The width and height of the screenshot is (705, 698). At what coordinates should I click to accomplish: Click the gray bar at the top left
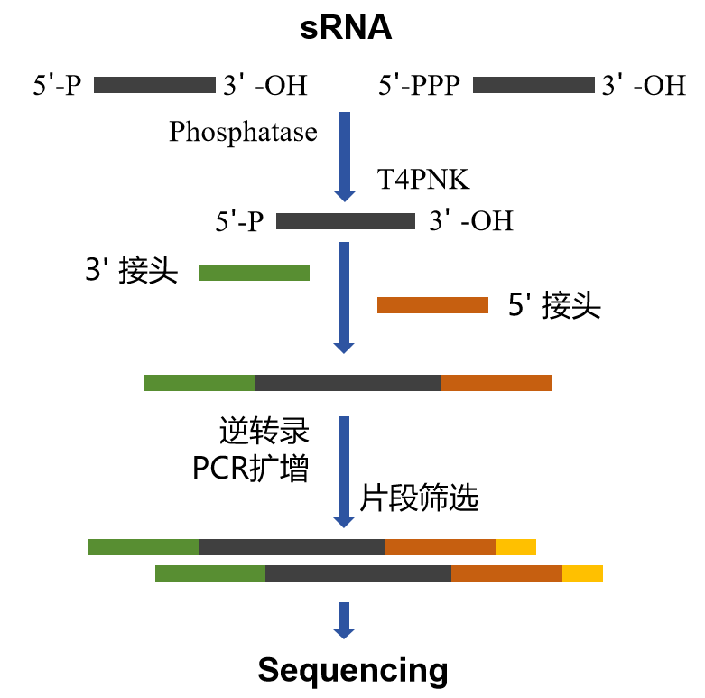(154, 85)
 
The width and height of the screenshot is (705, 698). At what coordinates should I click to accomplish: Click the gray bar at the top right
(533, 85)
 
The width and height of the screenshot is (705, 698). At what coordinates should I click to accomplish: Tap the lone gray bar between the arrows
(346, 221)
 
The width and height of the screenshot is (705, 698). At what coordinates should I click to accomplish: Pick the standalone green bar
(255, 273)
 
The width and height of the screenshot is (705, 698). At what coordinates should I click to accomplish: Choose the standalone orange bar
(432, 305)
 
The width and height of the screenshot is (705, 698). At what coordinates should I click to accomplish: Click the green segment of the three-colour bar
(199, 383)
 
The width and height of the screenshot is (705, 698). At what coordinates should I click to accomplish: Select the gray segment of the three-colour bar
(348, 383)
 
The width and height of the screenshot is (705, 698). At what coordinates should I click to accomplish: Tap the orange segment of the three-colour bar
(496, 383)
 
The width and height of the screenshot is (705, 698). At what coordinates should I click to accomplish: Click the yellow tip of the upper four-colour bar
(515, 547)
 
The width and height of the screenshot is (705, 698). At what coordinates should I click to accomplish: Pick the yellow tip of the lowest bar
(582, 573)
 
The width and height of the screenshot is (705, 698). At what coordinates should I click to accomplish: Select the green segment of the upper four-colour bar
(144, 547)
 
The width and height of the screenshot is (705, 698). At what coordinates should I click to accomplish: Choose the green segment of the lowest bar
(210, 573)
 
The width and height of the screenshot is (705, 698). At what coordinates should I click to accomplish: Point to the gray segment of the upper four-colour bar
(292, 547)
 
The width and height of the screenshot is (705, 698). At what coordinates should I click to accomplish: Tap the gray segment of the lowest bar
(358, 573)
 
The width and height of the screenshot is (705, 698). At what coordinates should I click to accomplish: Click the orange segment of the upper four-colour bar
(441, 547)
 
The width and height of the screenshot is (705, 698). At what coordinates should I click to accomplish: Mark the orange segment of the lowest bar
(506, 573)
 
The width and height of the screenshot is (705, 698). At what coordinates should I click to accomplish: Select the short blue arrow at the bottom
(344, 619)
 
